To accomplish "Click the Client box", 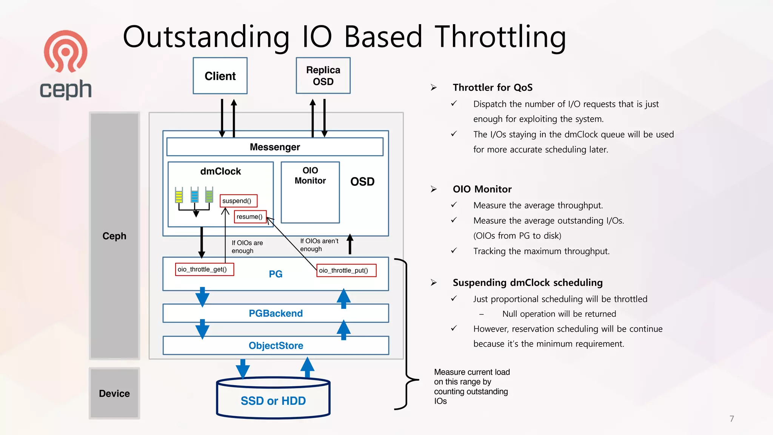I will [x=220, y=76].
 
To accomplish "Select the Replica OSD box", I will [x=323, y=76].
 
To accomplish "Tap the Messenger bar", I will [x=275, y=147].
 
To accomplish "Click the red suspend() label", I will [x=238, y=201].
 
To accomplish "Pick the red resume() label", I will [x=250, y=217].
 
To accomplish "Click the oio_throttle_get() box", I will [x=204, y=269].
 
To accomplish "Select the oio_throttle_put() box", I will [x=346, y=270].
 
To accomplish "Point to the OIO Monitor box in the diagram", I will [x=310, y=193].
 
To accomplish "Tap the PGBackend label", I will [x=276, y=313].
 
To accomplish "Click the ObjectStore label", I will [x=276, y=346].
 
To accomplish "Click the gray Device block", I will [x=114, y=393].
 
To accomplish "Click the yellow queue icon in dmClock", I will [x=179, y=195].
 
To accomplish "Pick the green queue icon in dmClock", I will [x=209, y=195].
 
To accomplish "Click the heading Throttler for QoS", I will [x=492, y=88].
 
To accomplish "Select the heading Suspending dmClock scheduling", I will [x=527, y=282].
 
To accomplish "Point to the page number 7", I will [x=731, y=419].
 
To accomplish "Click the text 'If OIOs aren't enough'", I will [x=319, y=245].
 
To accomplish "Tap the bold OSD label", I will [x=362, y=182].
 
